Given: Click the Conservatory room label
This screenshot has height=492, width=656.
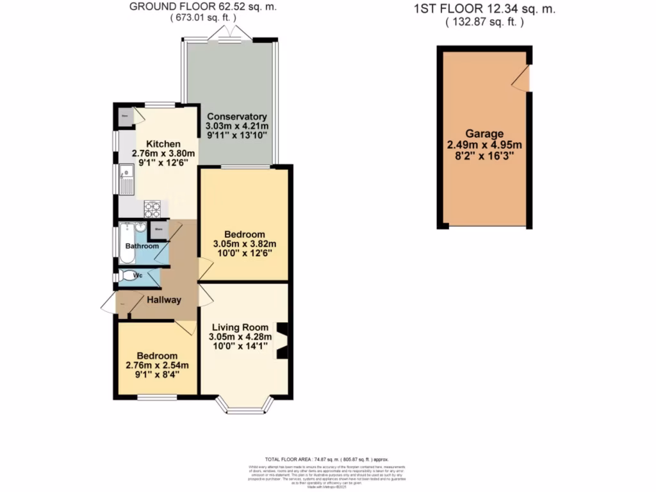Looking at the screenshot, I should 236,117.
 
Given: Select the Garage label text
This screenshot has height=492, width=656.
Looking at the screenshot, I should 484,134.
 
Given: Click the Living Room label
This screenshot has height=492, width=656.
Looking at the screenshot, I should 236,328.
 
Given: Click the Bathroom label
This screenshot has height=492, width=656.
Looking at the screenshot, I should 142,246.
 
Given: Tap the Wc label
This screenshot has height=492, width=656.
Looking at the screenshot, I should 136,276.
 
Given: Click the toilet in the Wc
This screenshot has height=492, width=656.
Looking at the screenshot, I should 128,276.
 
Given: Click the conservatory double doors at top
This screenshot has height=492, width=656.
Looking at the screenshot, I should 228,34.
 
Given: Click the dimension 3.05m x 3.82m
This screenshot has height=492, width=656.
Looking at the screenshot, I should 244,243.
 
